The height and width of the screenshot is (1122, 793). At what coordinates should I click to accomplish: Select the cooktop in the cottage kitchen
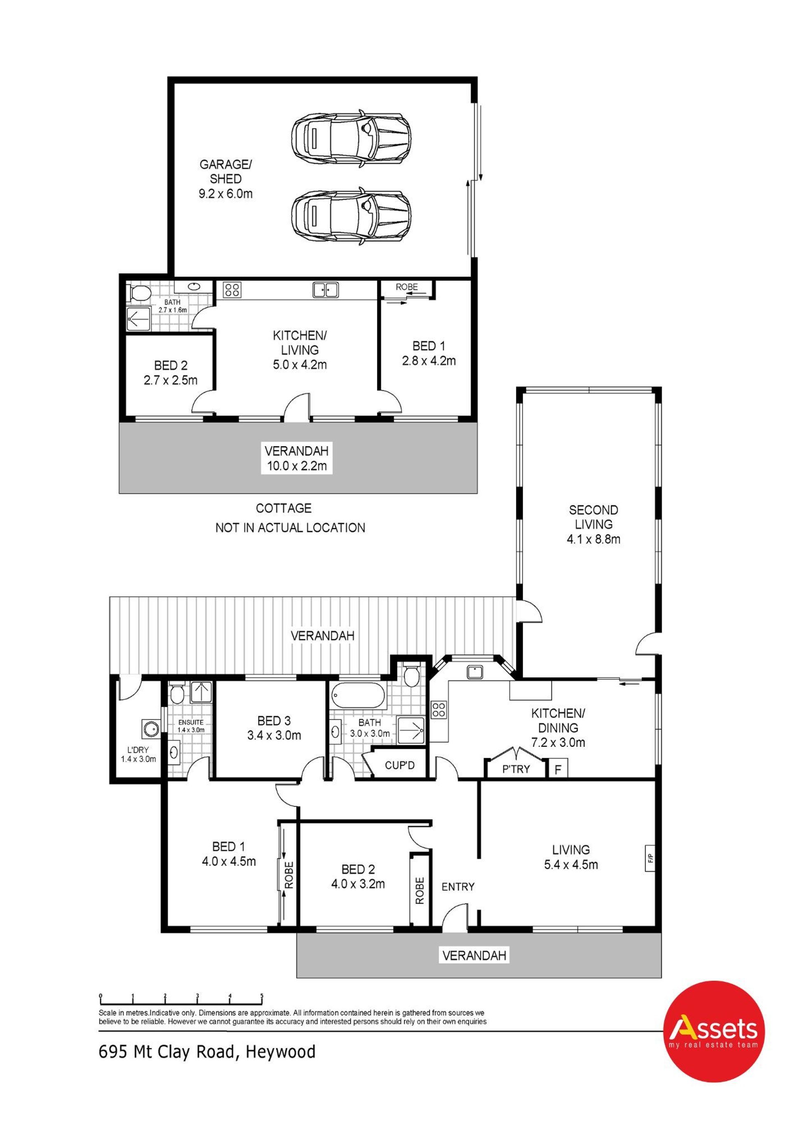click(x=231, y=290)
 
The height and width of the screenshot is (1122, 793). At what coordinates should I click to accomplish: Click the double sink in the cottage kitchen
click(x=325, y=290)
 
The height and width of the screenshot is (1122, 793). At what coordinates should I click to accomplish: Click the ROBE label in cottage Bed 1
click(x=406, y=287)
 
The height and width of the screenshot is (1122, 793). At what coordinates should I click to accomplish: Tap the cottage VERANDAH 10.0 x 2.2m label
click(x=297, y=458)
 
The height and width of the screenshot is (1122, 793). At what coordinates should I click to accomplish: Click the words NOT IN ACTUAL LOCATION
click(x=290, y=528)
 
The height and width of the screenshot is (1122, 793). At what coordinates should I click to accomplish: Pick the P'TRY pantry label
click(x=516, y=769)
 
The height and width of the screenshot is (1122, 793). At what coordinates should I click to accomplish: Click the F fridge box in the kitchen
click(x=558, y=770)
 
